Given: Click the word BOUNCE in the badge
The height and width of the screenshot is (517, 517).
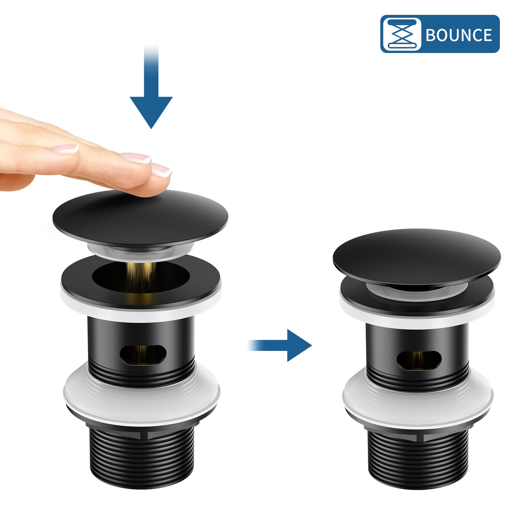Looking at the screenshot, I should [x=459, y=35].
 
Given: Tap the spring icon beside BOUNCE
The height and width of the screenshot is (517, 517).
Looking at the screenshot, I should [x=401, y=34].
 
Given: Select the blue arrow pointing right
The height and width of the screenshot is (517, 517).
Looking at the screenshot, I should [x=291, y=345].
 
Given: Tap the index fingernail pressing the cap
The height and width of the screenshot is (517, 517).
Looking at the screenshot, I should [x=162, y=169].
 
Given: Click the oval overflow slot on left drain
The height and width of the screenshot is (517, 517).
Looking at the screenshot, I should [x=143, y=355].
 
